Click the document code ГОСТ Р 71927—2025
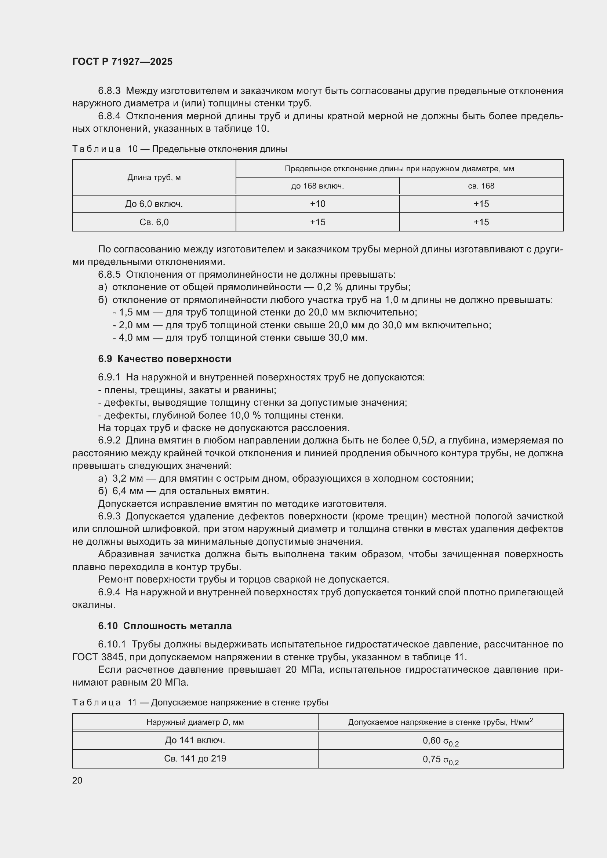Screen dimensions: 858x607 (122, 62)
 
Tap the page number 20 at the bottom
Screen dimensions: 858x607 (77, 780)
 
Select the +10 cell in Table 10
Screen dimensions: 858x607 (317, 204)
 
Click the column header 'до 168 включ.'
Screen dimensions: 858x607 (317, 186)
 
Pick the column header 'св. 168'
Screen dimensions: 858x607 (481, 186)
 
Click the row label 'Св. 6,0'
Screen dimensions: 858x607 (154, 222)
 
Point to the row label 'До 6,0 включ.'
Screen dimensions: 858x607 (154, 204)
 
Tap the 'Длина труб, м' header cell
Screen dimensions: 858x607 (154, 177)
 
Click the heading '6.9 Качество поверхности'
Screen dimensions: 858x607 (164, 359)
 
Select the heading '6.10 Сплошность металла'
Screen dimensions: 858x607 (165, 625)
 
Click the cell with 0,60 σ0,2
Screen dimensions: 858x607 (441, 740)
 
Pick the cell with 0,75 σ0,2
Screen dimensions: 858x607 (441, 759)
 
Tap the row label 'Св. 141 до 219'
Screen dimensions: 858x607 (195, 758)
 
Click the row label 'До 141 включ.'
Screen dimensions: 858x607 (195, 740)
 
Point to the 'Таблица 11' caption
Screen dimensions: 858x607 (200, 702)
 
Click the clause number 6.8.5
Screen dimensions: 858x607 (109, 274)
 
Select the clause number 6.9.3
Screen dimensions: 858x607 (109, 516)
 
